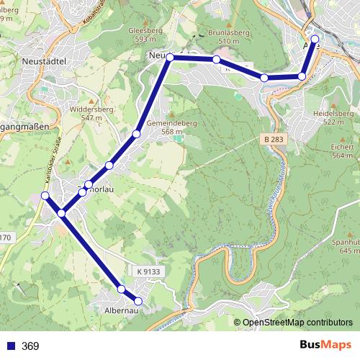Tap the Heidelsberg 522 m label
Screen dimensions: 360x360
tap(333, 118)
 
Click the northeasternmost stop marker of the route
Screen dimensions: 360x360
tap(315, 40)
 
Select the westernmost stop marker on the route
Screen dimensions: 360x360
tap(45, 196)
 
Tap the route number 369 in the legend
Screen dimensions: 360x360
tap(30, 346)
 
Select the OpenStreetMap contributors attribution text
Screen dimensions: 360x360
tap(297, 323)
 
